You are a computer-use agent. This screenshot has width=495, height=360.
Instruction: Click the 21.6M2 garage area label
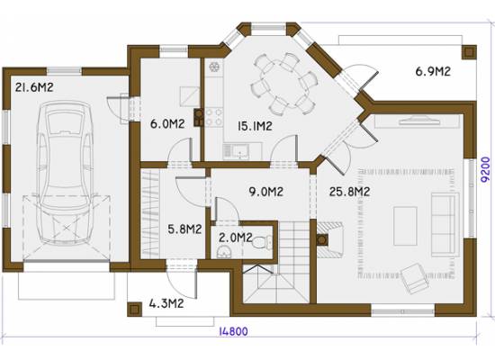pyautogui.click(x=34, y=87)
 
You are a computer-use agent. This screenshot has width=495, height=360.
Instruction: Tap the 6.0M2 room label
pyautogui.click(x=167, y=124)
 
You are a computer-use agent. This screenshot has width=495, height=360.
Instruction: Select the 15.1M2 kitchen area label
pyautogui.click(x=255, y=126)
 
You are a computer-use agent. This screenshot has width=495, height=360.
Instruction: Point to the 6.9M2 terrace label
pyautogui.click(x=433, y=72)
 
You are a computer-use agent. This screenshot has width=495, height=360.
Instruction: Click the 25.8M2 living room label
pyautogui.click(x=349, y=192)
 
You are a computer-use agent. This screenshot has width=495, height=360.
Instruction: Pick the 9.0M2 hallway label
pyautogui.click(x=265, y=192)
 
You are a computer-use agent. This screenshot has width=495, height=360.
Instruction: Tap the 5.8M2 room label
pyautogui.click(x=184, y=229)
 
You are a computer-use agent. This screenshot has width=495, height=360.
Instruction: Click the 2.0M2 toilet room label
pyautogui.click(x=236, y=238)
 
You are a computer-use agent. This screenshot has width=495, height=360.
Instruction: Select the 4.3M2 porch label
pyautogui.click(x=166, y=304)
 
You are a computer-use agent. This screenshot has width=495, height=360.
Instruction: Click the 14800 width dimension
pyautogui.click(x=234, y=331)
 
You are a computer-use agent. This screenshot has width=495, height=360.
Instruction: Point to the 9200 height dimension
pyautogui.click(x=486, y=170)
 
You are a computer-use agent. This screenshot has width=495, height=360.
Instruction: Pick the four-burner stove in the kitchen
pyautogui.click(x=214, y=117)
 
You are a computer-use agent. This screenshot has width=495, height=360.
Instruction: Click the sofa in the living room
pyautogui.click(x=445, y=223)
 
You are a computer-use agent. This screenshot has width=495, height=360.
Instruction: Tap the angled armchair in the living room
pyautogui.click(x=414, y=278)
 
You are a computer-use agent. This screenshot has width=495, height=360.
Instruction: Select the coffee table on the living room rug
pyautogui.click(x=405, y=226)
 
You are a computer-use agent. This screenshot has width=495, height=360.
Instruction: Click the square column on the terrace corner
pyautogui.click(x=469, y=52)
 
